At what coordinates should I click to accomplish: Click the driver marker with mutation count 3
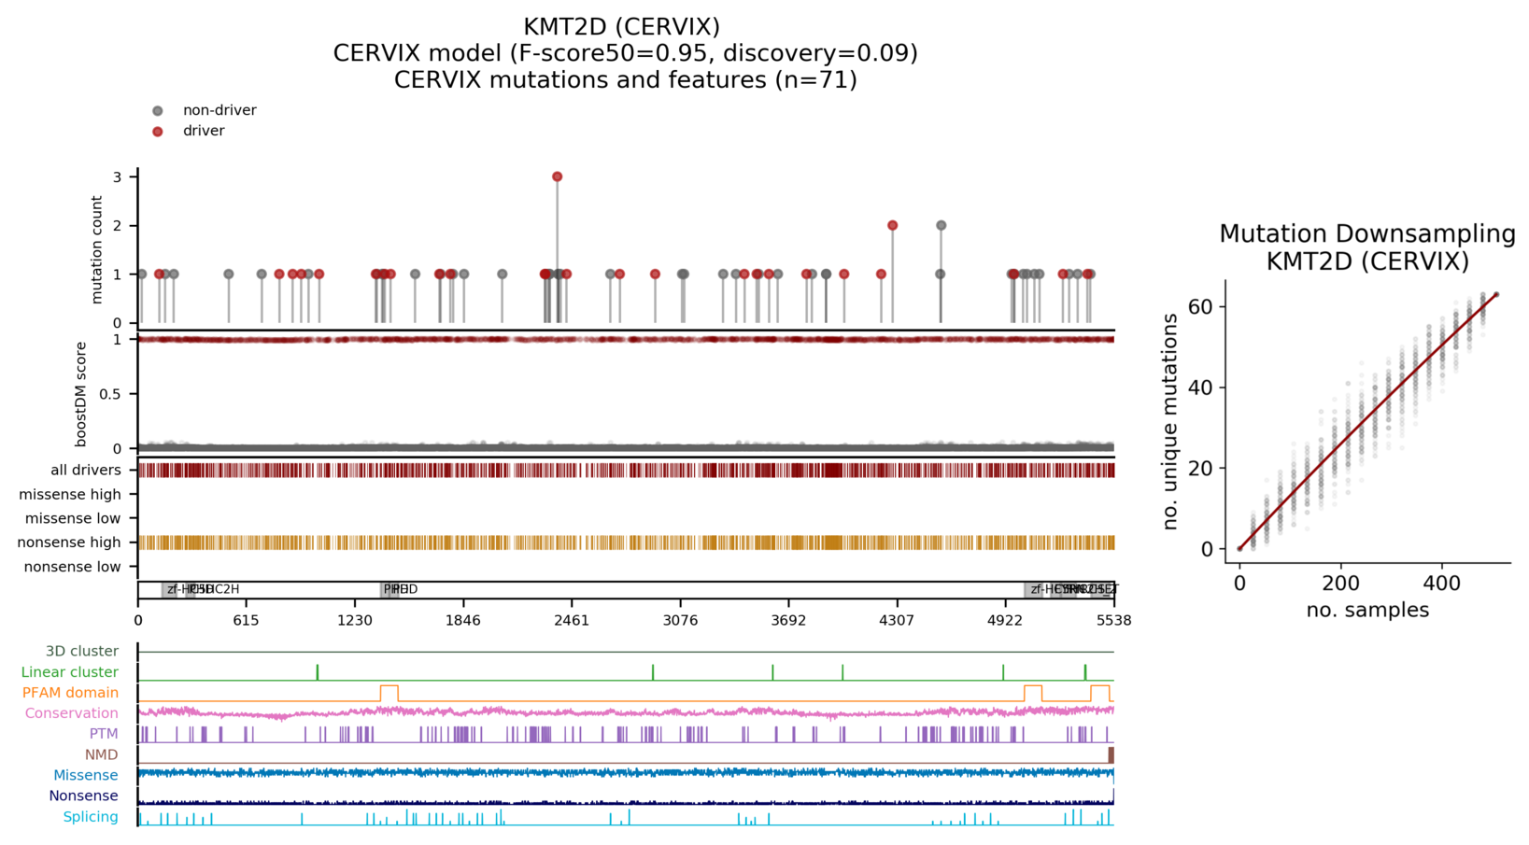558,176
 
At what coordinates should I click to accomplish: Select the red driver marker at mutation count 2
893,225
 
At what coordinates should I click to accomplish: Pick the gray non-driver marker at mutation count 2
941,225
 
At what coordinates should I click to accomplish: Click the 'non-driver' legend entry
219,110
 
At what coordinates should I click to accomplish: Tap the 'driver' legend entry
204,131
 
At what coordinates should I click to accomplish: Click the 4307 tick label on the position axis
897,620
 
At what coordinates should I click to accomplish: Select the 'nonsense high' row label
70,542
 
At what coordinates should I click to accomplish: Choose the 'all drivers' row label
86,470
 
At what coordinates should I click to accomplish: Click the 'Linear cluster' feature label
70,672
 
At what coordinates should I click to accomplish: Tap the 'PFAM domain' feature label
71,693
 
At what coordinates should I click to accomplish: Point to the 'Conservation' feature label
72,713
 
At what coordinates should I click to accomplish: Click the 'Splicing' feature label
91,817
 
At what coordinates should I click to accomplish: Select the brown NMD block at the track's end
1111,754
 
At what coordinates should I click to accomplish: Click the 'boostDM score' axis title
81,394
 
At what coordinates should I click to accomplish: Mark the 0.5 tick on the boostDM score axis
110,394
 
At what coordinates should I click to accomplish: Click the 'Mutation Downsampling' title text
1367,233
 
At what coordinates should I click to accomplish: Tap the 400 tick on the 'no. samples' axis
1442,584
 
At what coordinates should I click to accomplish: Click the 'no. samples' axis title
1367,610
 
